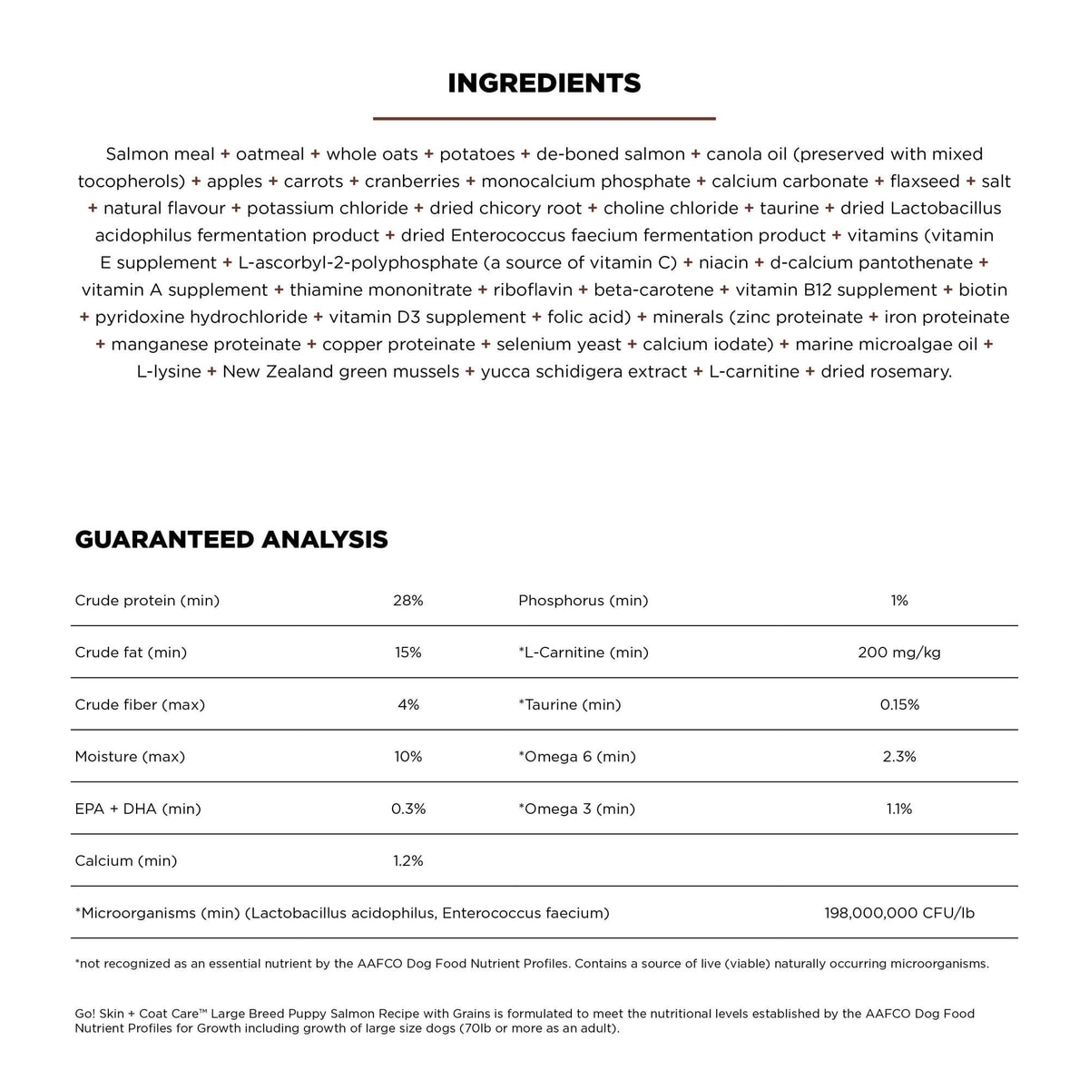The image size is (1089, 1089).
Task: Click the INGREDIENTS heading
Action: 544,83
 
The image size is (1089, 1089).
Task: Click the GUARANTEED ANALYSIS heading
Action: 231,540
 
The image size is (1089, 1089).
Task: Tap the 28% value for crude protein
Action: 408,601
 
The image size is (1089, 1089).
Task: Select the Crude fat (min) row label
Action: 131,652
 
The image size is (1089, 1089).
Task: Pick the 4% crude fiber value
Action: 408,705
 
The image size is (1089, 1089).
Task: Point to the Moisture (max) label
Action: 130,757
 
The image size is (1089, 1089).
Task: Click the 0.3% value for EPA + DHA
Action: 408,809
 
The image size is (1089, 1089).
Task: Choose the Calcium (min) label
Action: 126,861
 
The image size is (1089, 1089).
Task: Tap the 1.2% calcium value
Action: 408,861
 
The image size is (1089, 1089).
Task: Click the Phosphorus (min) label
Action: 584,601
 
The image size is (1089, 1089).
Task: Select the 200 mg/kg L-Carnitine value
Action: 899,652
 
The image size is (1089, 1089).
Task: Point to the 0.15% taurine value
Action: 899,705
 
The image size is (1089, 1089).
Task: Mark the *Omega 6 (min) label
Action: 577,757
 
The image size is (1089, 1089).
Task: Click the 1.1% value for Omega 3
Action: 899,809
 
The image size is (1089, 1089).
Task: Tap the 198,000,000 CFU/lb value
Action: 899,913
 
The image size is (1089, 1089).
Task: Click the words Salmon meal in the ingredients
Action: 161,154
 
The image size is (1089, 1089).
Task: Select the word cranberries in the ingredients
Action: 412,181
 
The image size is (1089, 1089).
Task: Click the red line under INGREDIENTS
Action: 544,118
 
